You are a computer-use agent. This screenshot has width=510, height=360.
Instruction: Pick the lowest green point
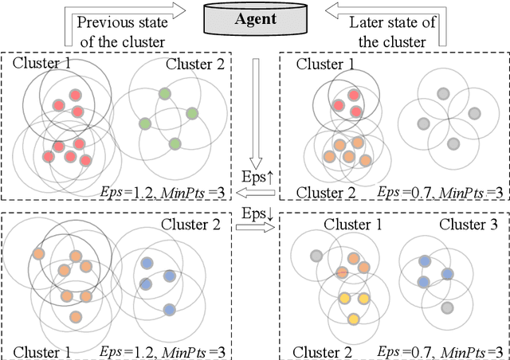click(x=175, y=143)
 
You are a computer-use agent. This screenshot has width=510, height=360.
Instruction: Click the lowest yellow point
click(x=354, y=319)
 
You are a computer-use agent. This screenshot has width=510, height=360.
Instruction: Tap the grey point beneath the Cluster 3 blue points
click(x=447, y=308)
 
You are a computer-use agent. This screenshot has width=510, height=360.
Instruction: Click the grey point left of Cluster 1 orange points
click(x=316, y=256)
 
